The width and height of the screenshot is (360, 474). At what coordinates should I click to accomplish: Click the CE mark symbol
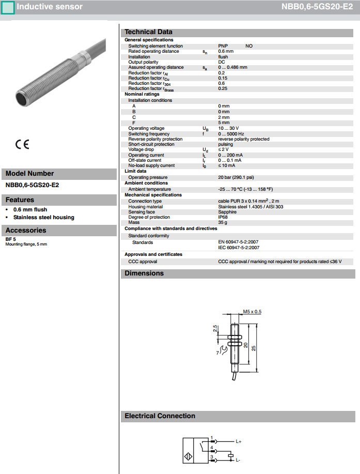22,145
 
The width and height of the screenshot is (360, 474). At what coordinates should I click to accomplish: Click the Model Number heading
29,174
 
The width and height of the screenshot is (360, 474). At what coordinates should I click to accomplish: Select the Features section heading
20,200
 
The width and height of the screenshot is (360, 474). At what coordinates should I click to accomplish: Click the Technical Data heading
148,32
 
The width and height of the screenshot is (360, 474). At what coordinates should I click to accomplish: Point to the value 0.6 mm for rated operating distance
226,51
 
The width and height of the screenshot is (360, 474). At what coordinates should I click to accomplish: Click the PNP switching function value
223,46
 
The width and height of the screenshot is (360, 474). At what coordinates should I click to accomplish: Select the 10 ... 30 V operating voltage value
228,128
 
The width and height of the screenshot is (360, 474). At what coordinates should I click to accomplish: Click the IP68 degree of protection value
223,217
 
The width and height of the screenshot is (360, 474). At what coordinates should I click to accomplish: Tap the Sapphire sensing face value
227,212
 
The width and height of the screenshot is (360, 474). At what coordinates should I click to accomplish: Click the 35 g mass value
223,222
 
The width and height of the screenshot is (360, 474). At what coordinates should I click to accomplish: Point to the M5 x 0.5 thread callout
252,312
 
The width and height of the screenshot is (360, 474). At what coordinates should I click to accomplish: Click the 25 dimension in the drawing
253,348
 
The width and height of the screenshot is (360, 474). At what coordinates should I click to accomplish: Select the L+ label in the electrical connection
239,442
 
